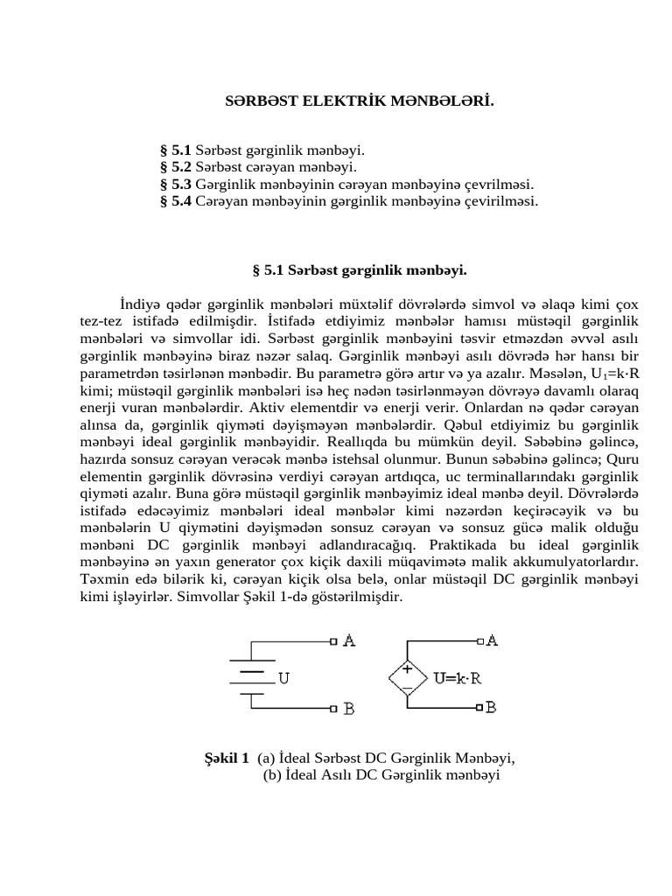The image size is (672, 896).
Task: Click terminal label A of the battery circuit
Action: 348,641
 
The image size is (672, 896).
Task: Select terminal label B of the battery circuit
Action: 348,709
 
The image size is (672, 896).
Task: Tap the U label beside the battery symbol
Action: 283,676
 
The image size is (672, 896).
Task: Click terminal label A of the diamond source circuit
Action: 491,640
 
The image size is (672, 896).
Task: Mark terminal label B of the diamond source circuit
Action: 491,706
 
